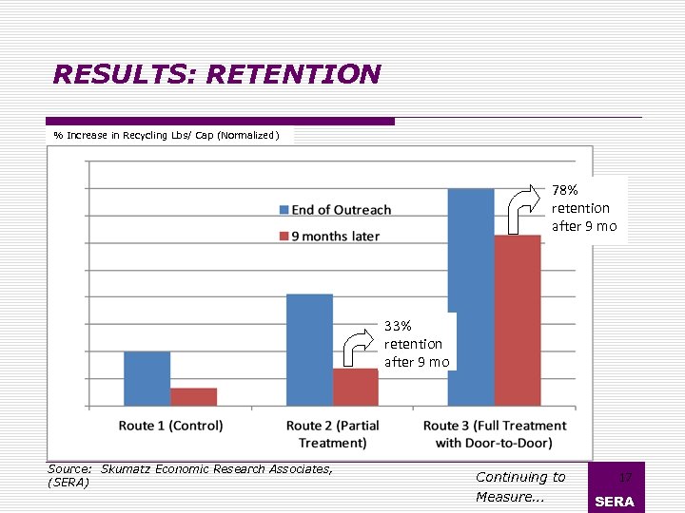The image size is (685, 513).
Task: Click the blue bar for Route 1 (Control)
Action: click(147, 379)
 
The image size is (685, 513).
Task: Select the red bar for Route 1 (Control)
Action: click(193, 397)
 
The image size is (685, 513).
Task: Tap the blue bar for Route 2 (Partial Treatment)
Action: click(309, 351)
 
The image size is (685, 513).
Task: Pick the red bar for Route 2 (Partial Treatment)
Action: click(355, 388)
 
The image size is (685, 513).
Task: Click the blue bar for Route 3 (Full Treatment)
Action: click(471, 296)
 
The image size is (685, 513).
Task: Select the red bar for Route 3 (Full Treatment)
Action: click(517, 320)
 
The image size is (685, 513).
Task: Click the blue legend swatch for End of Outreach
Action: click(284, 210)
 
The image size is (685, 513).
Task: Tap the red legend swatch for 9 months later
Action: click(284, 236)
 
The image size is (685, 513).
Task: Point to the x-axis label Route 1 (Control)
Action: click(170, 426)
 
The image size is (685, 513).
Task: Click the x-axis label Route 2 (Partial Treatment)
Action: click(332, 434)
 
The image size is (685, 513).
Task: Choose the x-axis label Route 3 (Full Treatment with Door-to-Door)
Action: click(494, 434)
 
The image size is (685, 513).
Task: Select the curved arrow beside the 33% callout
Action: click(359, 349)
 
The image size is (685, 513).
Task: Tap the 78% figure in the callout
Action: click(565, 190)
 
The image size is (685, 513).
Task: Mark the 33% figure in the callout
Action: click(398, 326)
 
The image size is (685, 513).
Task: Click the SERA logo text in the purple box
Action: click(614, 502)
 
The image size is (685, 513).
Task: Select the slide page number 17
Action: click(625, 478)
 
